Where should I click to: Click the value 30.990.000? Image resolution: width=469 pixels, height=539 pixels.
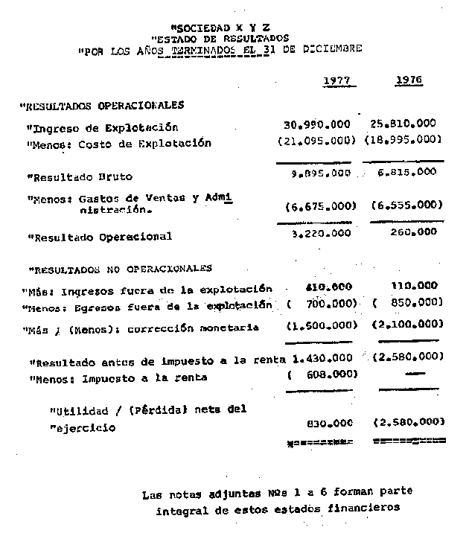click(x=318, y=124)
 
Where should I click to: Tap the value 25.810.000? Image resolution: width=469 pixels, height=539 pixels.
click(x=403, y=124)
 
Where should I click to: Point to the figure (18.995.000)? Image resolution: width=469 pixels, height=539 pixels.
click(x=403, y=140)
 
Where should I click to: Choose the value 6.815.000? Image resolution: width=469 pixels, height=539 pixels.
click(x=408, y=172)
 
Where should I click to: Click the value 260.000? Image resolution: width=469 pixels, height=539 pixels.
click(x=413, y=232)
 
